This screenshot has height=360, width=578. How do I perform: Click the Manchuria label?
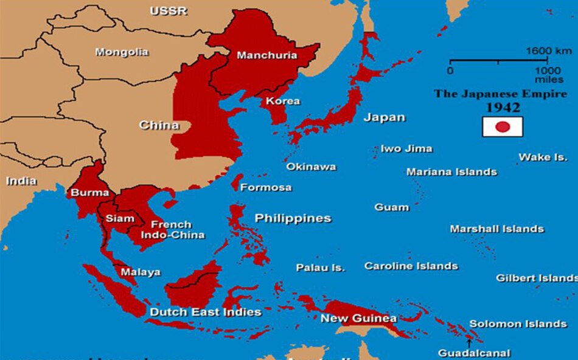pos(266,55)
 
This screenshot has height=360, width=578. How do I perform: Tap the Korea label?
pos(282,100)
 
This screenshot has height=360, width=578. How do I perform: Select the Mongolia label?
pos(121,52)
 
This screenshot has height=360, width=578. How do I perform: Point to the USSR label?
pos(169,11)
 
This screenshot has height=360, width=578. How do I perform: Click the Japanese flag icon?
pos(502,126)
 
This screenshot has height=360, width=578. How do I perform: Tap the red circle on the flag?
pos(502,126)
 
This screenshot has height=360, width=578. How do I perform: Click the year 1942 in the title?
pos(503,108)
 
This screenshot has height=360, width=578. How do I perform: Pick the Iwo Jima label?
pos(406,148)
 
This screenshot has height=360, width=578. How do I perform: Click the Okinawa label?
pos(311,166)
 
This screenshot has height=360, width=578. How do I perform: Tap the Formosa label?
pos(266,187)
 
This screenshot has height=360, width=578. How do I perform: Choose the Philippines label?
pos(293,218)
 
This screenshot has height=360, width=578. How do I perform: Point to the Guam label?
pos(391,207)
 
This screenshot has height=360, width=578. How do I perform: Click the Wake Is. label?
pos(543,157)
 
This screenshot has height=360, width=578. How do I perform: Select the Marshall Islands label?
pos(496,229)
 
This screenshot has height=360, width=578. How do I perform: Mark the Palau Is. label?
pos(320,268)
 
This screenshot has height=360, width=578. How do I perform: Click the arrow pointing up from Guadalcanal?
pos(468,342)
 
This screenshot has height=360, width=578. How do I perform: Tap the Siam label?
pos(120,218)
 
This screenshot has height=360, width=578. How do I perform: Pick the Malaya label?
pos(140,272)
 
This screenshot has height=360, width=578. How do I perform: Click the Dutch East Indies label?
pos(206,312)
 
